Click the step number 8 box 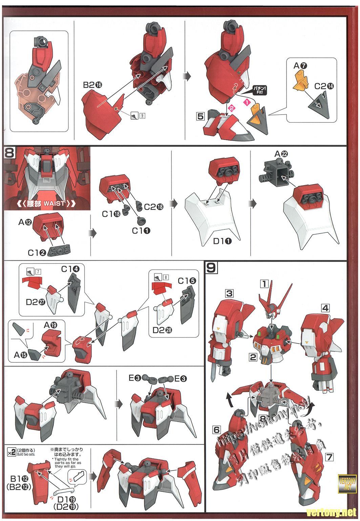pos(9,153)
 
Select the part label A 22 pos(281,154)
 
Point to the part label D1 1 pos(223,241)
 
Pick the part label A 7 pos(300,66)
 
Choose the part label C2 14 pos(324,86)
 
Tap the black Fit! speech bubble pos(259,90)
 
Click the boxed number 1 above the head pos(264,283)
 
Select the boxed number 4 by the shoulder pos(325,308)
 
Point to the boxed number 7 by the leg pos(329,457)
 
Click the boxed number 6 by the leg pos(217,430)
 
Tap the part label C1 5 pos(187,281)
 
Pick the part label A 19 pos(50,325)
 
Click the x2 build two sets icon pos(11,452)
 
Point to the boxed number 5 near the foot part pos(200,116)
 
